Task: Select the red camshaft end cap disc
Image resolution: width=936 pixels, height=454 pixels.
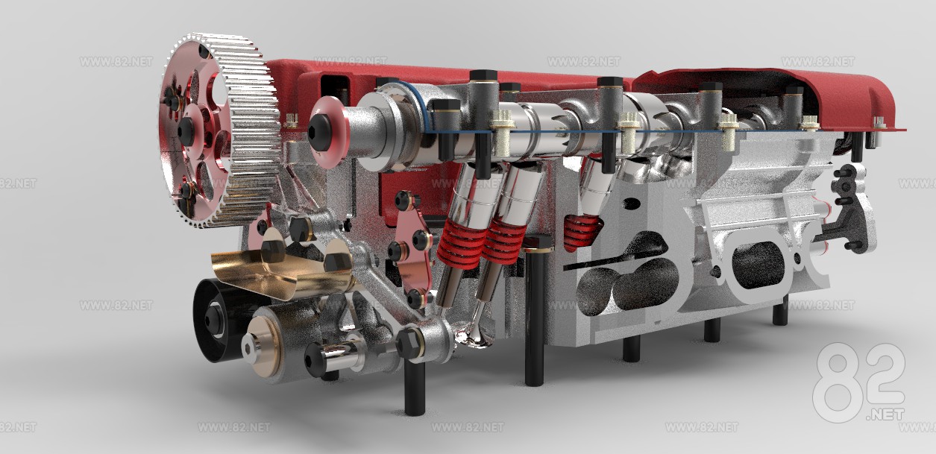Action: click(329, 131)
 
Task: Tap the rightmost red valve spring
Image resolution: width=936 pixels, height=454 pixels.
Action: click(582, 231)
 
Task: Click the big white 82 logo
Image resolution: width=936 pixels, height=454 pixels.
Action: click(858, 384)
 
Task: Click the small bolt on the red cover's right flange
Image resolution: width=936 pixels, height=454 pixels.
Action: click(881, 122)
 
